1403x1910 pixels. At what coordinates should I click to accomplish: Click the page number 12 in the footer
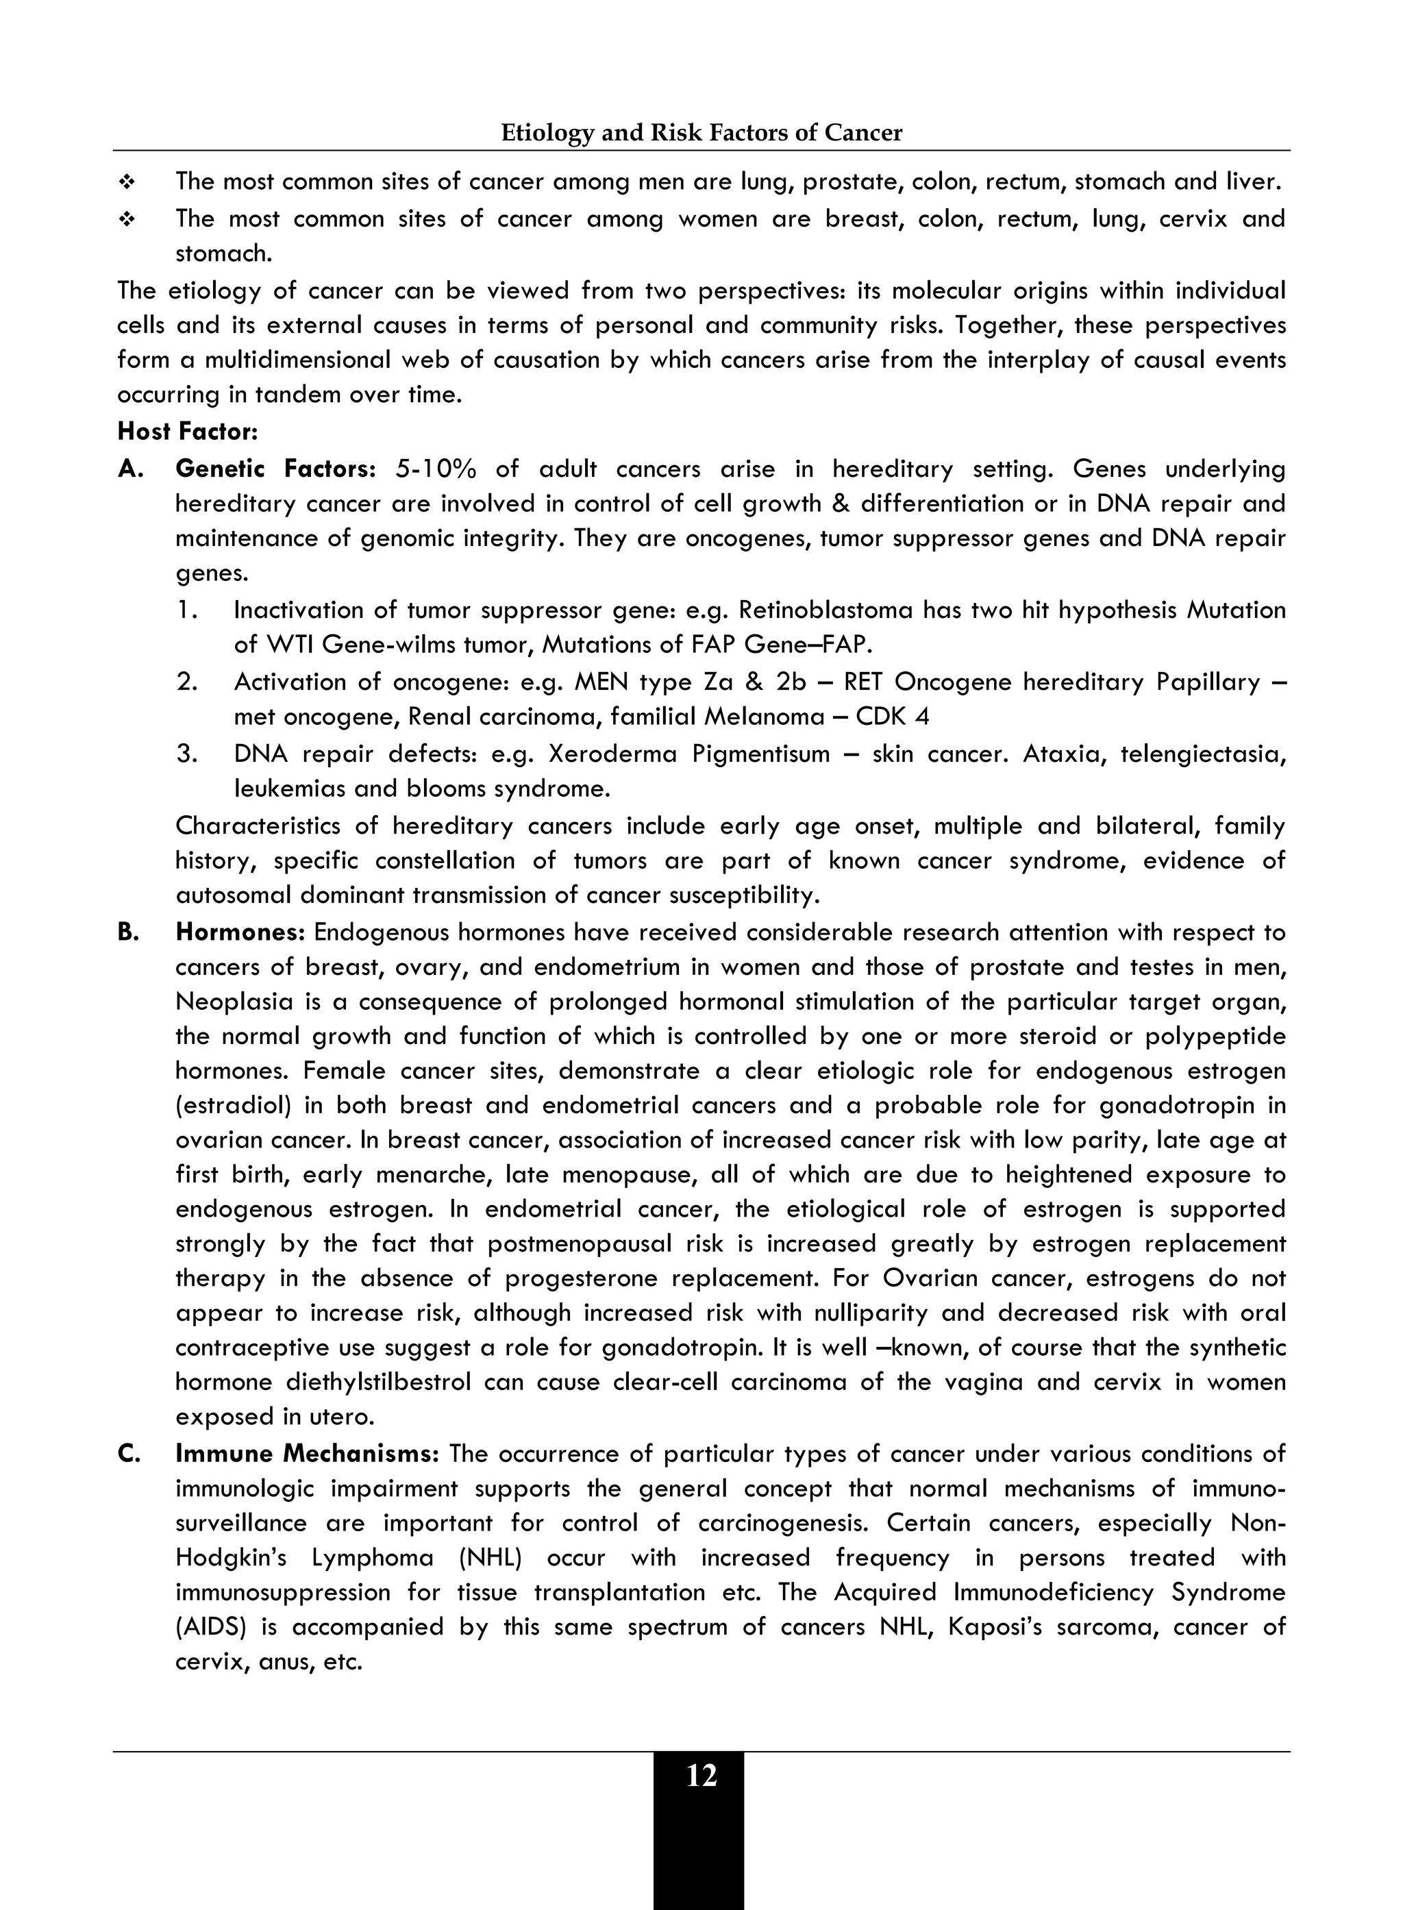coord(701,1775)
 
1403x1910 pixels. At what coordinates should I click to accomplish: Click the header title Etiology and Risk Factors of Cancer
coord(701,132)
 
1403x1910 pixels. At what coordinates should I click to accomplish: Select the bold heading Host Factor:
coord(188,432)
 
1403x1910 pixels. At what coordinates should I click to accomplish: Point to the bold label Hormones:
coord(240,932)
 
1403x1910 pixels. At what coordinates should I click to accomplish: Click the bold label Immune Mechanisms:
coord(308,1453)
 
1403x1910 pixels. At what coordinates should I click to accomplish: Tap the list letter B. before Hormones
coord(128,932)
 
